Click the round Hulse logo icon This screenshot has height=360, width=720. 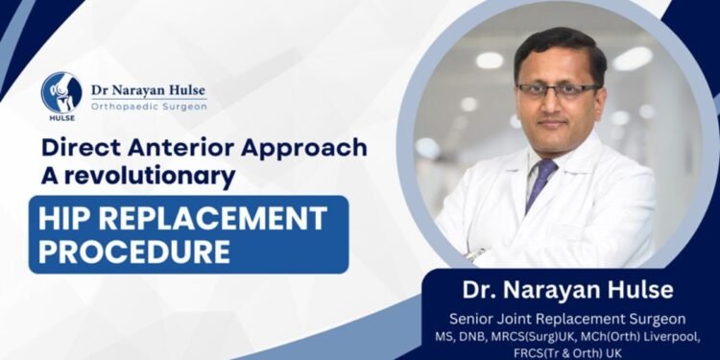point(61,92)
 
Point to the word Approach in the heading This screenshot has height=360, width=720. point(313,149)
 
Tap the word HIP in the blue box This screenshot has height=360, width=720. point(66,218)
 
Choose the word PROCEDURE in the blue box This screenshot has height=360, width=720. point(133,252)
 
